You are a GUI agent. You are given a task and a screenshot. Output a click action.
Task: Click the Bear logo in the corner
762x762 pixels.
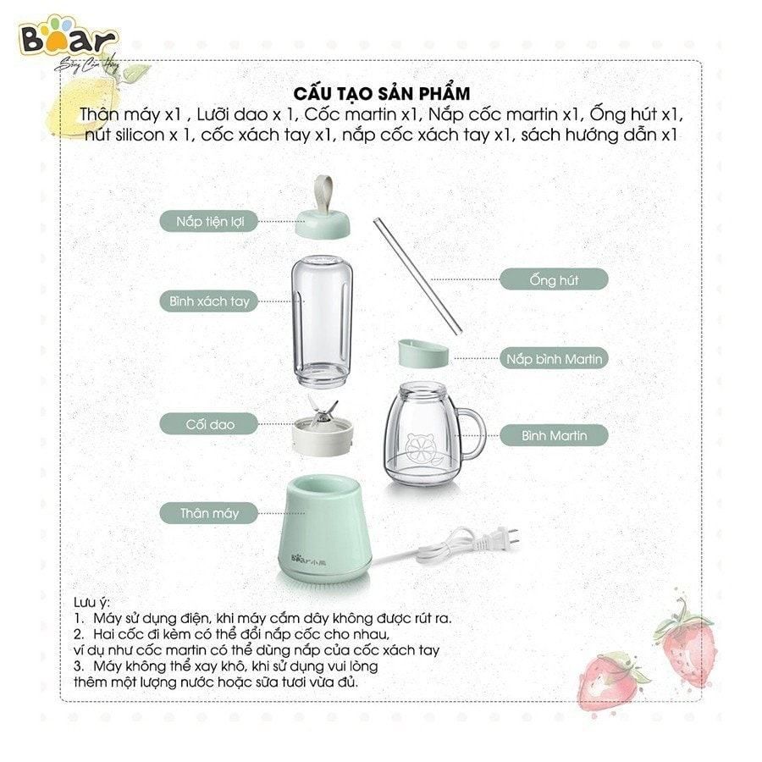pyautogui.click(x=69, y=38)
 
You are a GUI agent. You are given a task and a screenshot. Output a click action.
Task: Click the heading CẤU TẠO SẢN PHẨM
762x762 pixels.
pyautogui.click(x=381, y=92)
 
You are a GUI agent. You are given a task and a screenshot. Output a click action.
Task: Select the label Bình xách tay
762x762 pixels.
pyautogui.click(x=208, y=301)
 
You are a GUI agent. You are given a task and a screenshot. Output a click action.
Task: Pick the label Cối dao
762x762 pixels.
pyautogui.click(x=209, y=422)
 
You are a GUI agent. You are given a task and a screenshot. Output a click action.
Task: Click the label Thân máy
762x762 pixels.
pyautogui.click(x=209, y=512)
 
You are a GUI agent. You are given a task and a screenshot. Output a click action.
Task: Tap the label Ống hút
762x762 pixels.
pyautogui.click(x=554, y=279)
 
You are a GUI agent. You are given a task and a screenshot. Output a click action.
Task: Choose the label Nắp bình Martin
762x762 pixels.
pyautogui.click(x=554, y=359)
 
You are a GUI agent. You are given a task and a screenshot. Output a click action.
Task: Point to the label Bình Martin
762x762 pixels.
pyautogui.click(x=554, y=436)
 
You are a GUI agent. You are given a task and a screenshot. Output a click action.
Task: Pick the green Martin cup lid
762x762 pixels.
pyautogui.click(x=422, y=355)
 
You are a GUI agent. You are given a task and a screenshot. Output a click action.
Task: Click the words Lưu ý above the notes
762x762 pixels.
pyautogui.click(x=91, y=601)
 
